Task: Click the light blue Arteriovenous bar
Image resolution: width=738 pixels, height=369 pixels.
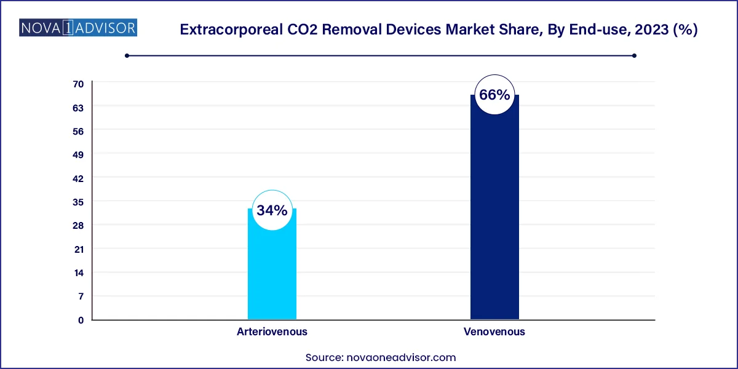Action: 272,271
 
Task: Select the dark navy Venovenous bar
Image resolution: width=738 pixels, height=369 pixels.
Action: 494,215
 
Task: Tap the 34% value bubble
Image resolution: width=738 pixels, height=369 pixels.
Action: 272,210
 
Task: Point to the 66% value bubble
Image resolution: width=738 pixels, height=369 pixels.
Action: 494,95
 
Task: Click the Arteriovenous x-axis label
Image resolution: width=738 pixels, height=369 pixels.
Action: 272,331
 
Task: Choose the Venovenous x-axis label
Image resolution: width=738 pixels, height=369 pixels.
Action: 494,331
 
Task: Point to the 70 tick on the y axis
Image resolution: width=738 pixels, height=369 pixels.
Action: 79,84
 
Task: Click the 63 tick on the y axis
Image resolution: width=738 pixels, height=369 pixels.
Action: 79,107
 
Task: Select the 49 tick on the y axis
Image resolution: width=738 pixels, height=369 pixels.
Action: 79,154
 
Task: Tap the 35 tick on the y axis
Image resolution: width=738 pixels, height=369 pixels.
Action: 79,202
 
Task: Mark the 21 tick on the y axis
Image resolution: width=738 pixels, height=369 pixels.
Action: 79,249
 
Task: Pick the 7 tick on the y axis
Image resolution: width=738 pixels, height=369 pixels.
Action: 81,296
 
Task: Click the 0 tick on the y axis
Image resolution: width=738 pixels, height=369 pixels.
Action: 81,320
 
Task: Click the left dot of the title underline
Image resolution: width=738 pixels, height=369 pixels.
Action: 127,55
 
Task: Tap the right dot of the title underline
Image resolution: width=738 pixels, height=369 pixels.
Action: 634,55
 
